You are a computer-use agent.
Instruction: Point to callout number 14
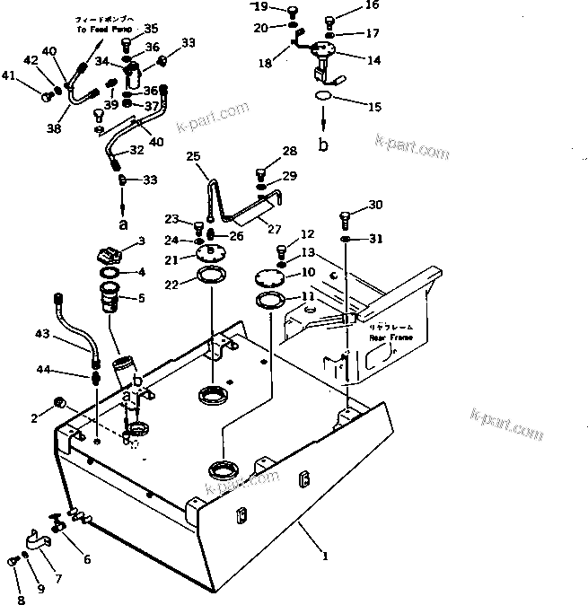coord(373,60)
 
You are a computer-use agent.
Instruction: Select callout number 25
coord(192,156)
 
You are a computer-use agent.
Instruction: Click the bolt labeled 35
coord(126,41)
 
